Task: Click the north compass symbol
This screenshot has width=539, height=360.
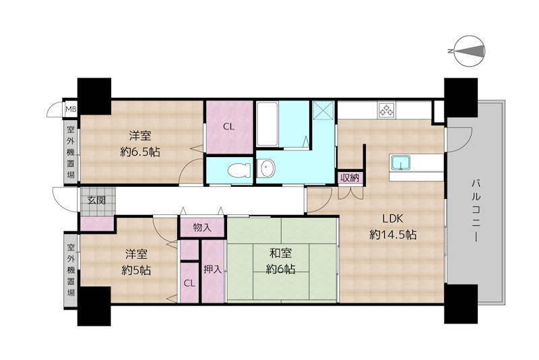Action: pyautogui.click(x=469, y=51)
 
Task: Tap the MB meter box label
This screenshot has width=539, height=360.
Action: pyautogui.click(x=71, y=109)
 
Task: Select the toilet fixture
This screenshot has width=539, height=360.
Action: pyautogui.click(x=239, y=170)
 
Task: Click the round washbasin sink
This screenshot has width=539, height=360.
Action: pyautogui.click(x=266, y=169)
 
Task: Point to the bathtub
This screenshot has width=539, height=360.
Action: pyautogui.click(x=267, y=124)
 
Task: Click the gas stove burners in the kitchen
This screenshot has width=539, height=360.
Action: pyautogui.click(x=386, y=110)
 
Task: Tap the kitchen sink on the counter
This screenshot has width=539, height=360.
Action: pyautogui.click(x=400, y=162)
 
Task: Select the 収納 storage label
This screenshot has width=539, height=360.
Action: pyautogui.click(x=350, y=178)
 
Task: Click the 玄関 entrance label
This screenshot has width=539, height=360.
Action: pyautogui.click(x=96, y=200)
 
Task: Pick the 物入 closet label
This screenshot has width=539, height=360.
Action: pyautogui.click(x=202, y=227)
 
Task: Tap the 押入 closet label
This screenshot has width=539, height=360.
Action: pyautogui.click(x=212, y=269)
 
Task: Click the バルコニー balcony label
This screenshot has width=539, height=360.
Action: pyautogui.click(x=476, y=210)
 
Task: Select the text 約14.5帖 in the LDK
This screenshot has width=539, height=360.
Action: pyautogui.click(x=393, y=235)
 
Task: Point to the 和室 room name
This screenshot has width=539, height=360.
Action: pyautogui.click(x=280, y=253)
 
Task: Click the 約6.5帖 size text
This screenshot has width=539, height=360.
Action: pyautogui.click(x=140, y=152)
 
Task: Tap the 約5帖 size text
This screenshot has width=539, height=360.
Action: pyautogui.click(x=136, y=270)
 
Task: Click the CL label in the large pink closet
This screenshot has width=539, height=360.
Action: pyautogui.click(x=228, y=127)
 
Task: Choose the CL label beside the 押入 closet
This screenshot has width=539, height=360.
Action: pyautogui.click(x=189, y=283)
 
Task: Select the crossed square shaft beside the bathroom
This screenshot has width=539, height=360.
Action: pyautogui.click(x=323, y=110)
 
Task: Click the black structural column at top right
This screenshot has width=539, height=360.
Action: pyautogui.click(x=461, y=98)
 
